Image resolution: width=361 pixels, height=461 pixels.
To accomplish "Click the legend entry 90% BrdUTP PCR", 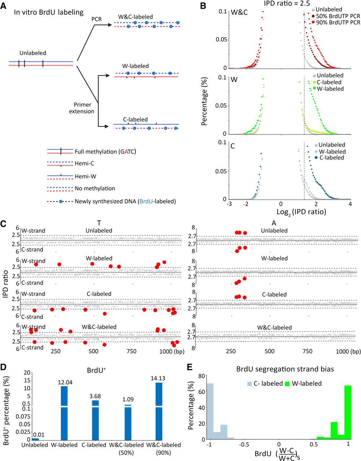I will [x=338, y=22].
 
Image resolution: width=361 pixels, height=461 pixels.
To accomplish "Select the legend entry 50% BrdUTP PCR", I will [x=338, y=16].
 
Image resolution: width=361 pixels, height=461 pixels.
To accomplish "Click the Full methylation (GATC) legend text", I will [x=105, y=152].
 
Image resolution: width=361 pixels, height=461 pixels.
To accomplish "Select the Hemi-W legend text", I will [x=85, y=176].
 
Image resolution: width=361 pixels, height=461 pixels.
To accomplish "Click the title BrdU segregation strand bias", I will [x=285, y=369].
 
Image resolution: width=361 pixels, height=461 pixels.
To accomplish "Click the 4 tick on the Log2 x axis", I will [x=350, y=204].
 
